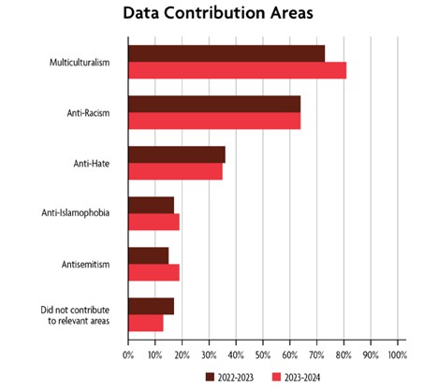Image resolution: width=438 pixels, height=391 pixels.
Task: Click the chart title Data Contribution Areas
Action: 218,15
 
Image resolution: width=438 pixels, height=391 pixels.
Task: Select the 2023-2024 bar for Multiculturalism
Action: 237,70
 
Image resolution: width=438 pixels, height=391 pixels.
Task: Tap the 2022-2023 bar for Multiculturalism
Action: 226,53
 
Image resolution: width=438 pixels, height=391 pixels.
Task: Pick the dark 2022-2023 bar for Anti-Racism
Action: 214,104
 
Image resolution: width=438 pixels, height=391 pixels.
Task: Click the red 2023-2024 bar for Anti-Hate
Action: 175,171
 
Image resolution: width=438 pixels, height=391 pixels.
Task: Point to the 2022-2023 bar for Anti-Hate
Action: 176,154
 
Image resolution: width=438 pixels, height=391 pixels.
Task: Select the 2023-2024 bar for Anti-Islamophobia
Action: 153,222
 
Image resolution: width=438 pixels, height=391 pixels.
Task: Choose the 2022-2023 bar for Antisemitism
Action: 148,255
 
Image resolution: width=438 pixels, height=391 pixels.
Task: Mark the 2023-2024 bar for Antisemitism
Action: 153,272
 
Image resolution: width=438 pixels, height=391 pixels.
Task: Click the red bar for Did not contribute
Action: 145,323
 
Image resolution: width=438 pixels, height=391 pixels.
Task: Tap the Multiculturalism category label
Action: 81,63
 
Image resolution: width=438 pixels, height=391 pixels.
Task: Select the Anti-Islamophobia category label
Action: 77,213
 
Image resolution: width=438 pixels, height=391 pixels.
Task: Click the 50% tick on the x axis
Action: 263,355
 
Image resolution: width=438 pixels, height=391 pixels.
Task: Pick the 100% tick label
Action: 397,355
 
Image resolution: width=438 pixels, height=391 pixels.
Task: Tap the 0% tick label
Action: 128,355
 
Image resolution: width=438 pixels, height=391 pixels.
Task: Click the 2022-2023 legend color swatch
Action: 211,377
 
